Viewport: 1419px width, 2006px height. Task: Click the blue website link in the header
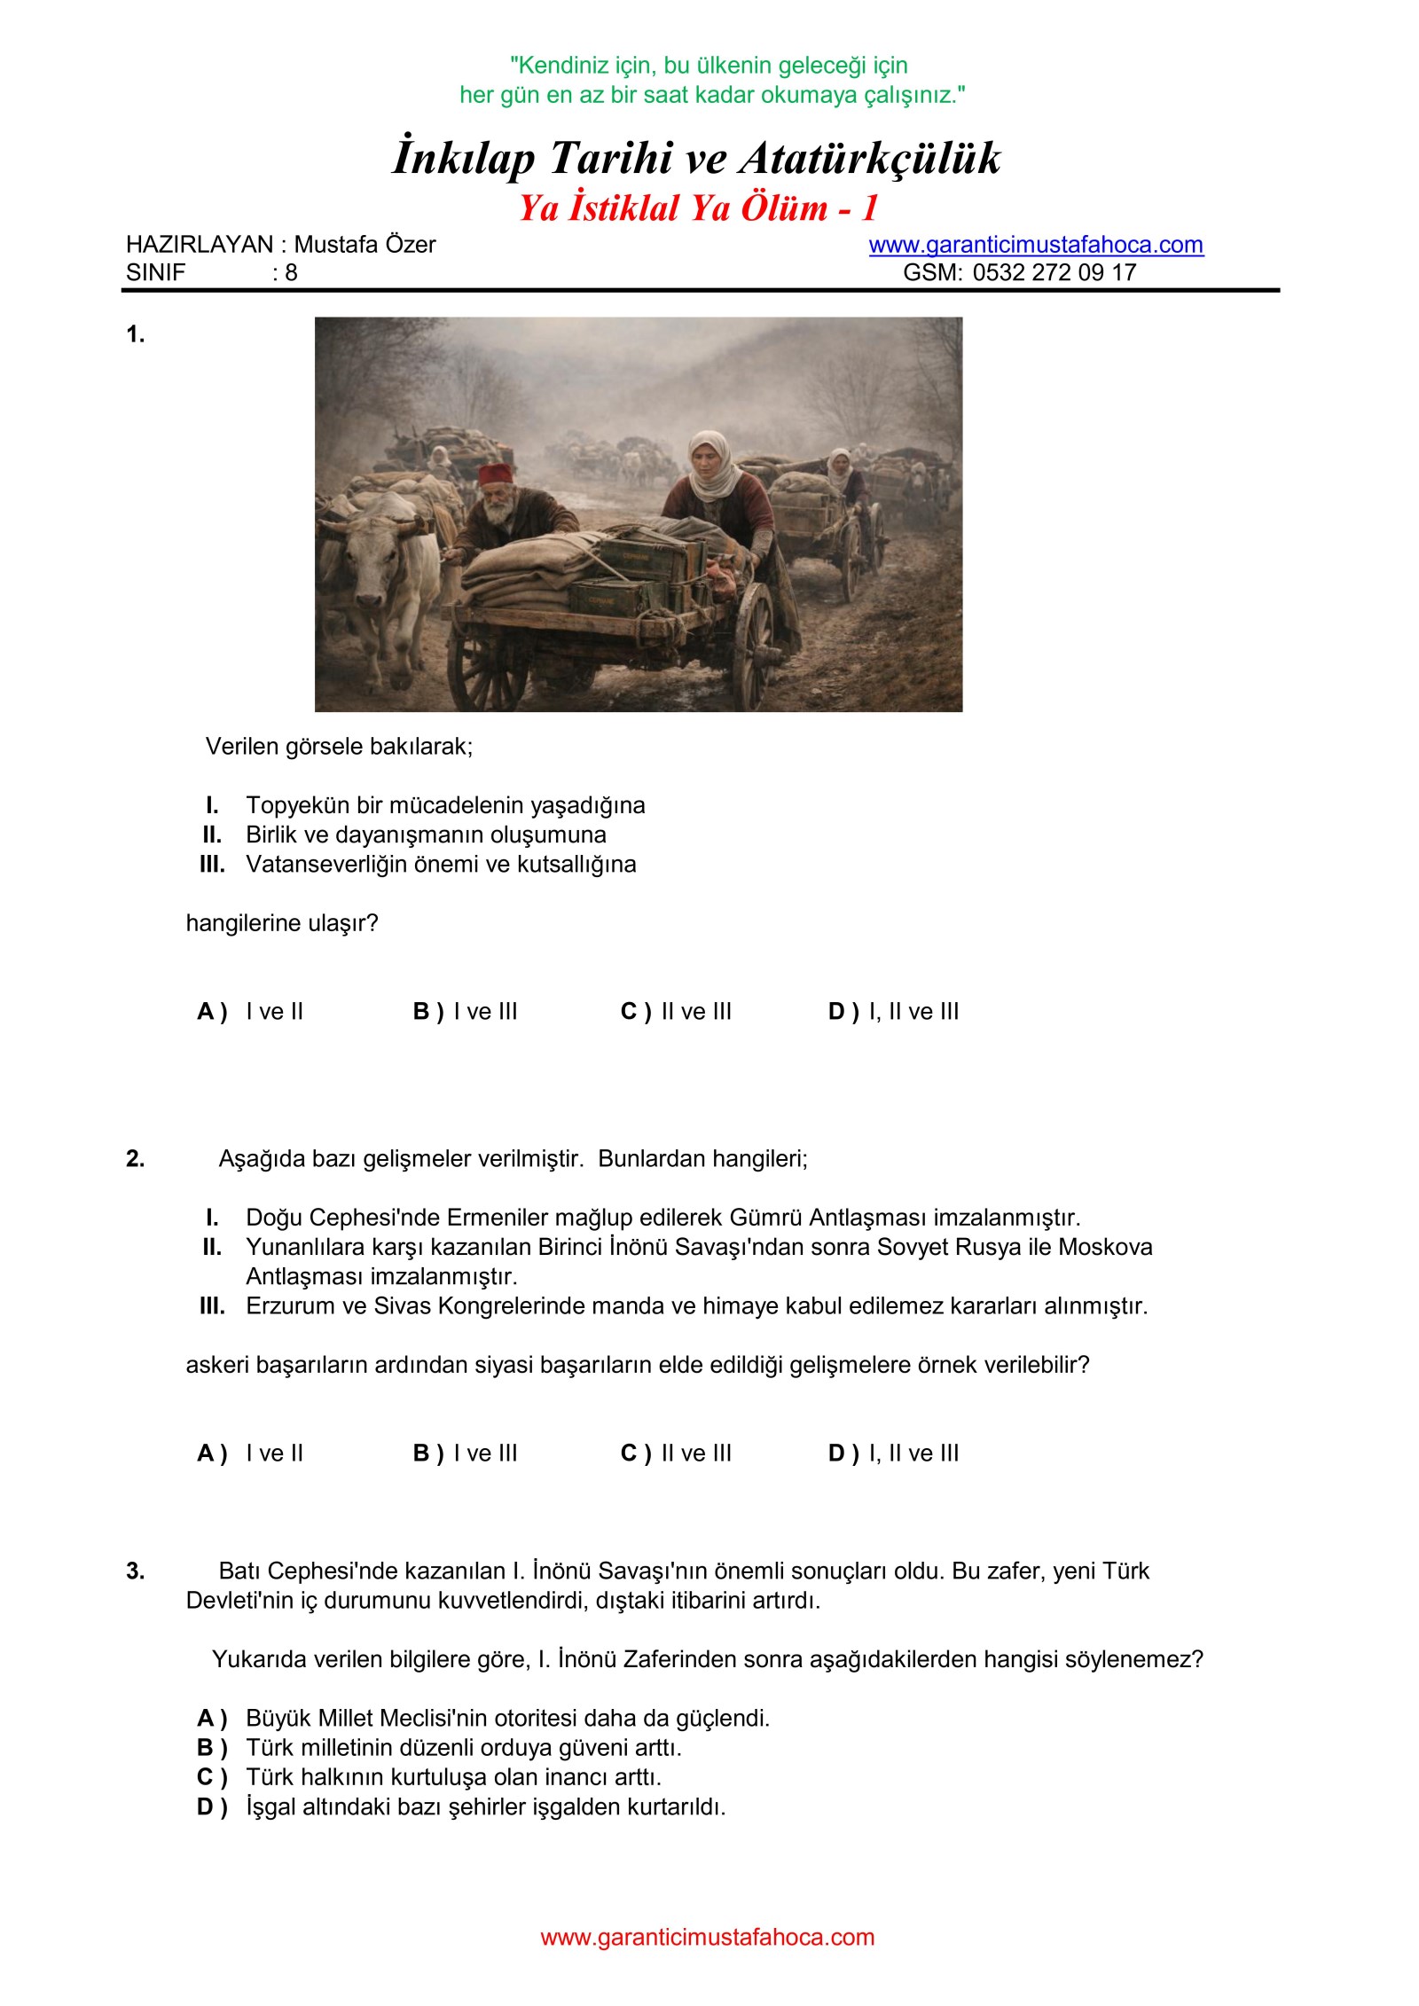click(1035, 245)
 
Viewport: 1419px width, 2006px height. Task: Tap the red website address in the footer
click(707, 1937)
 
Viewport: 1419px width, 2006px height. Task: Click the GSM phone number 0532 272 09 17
click(1054, 272)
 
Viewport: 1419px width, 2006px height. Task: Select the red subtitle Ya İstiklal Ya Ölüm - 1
click(698, 208)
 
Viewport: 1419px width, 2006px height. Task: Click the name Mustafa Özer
click(365, 245)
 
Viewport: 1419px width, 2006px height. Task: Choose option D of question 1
click(893, 1011)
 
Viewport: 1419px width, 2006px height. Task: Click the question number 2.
click(135, 1158)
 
